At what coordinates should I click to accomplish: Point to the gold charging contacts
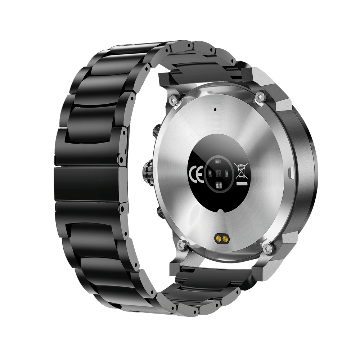pos(220,238)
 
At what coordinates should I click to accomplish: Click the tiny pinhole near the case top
pos(215,109)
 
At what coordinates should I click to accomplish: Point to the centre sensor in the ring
pos(218,174)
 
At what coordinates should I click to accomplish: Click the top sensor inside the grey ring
pos(218,162)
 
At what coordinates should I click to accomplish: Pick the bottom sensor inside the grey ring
pos(218,185)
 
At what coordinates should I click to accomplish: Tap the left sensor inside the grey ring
pos(209,174)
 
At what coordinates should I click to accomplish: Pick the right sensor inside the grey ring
pos(227,174)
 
